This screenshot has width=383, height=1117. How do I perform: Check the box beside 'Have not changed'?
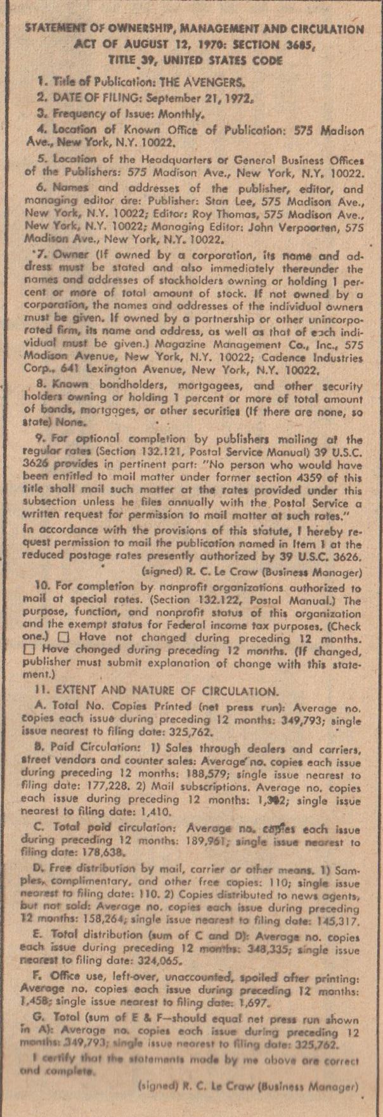tap(62, 636)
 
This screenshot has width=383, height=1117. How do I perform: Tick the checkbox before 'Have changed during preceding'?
tap(27, 649)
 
